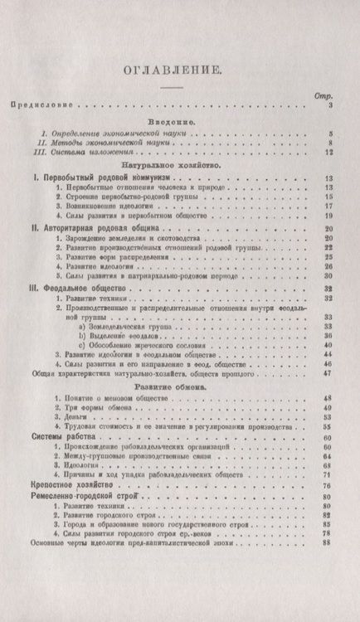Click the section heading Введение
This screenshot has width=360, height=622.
click(168, 121)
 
